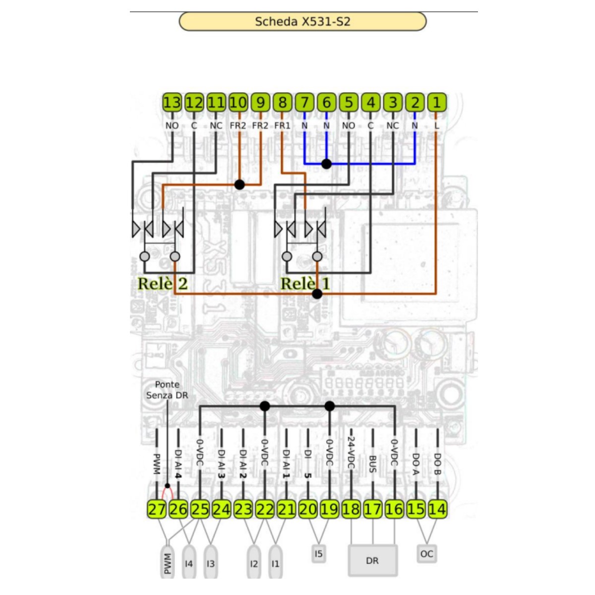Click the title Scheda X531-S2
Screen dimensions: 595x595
point(302,22)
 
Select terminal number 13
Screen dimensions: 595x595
point(172,103)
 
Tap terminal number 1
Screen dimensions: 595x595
point(437,103)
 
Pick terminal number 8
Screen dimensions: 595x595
point(282,103)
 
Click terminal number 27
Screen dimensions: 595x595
point(157,509)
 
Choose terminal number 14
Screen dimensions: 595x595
point(437,509)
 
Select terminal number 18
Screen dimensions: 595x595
point(351,509)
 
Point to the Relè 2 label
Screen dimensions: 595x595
point(163,284)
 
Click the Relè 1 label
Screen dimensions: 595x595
point(305,284)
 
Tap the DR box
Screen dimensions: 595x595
point(372,561)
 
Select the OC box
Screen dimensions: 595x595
point(426,554)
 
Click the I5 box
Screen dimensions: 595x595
point(318,553)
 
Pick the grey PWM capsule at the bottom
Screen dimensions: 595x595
point(168,563)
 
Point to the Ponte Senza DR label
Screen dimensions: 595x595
point(167,390)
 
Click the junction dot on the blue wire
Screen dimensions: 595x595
point(326,164)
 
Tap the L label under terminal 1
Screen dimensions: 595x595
point(437,126)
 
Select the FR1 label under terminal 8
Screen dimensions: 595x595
point(282,126)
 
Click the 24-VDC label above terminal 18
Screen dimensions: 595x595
point(351,452)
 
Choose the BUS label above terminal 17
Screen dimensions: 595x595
point(373,464)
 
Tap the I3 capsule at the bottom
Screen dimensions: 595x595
point(211,563)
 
